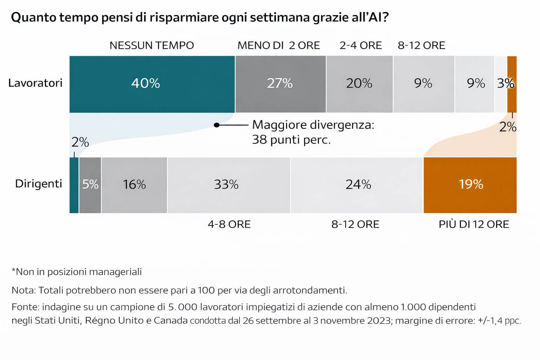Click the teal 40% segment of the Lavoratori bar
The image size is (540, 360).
152,84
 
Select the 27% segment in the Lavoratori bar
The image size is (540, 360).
280,84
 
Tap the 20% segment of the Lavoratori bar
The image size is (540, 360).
359,84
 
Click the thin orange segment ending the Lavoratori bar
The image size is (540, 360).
512,84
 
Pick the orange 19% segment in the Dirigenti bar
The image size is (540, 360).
470,185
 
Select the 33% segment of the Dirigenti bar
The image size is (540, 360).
229,185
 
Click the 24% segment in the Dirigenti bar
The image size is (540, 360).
356,185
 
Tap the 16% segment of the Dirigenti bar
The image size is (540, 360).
134,185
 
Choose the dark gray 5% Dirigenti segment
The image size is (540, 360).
90,185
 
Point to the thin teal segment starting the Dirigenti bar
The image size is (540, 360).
74,185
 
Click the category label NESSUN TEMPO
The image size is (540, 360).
152,45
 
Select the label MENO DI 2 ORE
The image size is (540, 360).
278,45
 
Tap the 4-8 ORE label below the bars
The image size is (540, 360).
229,224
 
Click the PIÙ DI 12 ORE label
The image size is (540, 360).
474,224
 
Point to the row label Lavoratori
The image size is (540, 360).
35,83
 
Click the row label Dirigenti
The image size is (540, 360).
38,184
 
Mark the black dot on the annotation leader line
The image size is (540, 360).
217,125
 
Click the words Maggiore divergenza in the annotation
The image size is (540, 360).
313,125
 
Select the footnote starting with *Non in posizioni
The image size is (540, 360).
77,272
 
